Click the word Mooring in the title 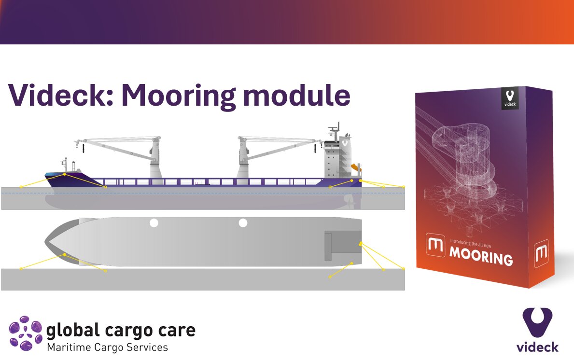pos(178,97)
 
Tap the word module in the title pos(297,95)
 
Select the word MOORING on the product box pos(481,256)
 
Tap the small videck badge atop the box pos(510,98)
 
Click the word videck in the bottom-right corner pos(537,347)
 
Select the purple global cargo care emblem pos(26,333)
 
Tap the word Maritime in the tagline pos(69,347)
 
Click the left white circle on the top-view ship pos(154,223)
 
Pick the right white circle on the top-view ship pos(243,223)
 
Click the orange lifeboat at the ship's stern pos(356,168)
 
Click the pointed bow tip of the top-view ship pos(45,242)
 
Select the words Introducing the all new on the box pos(471,243)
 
